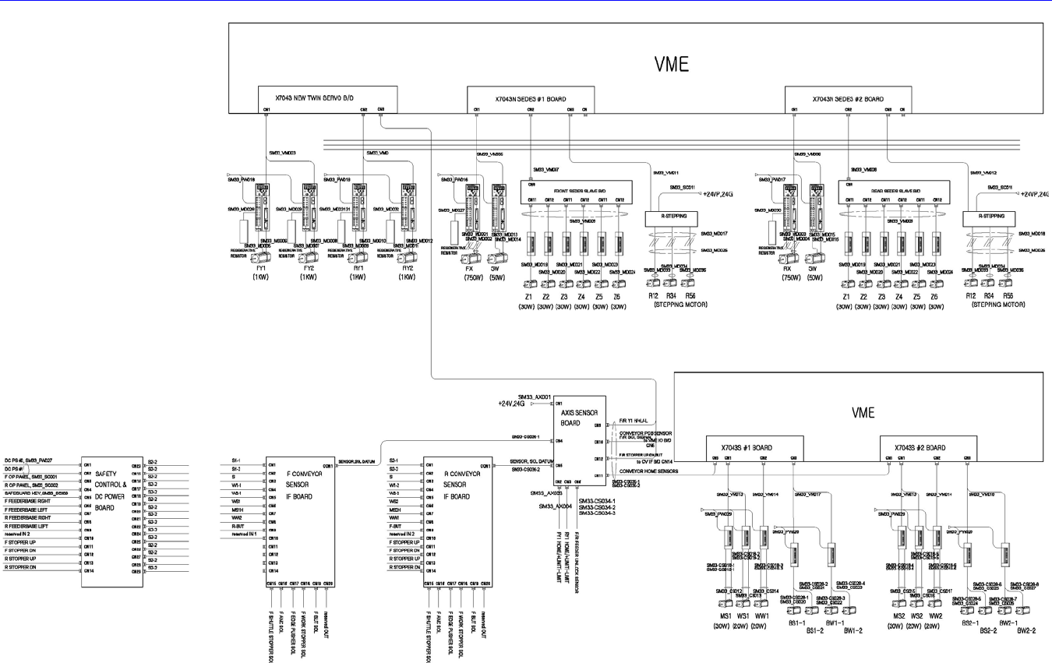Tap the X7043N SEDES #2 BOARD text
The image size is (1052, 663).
848,100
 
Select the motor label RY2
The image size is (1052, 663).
407,267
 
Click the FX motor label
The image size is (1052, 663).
471,267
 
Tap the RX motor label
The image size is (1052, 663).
788,267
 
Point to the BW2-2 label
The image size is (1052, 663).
1026,630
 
